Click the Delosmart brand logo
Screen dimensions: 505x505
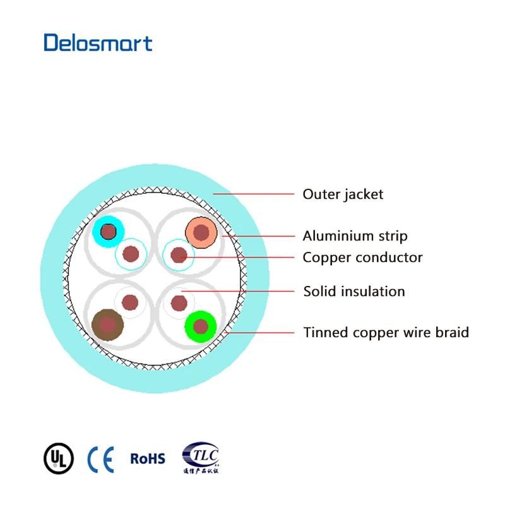click(98, 43)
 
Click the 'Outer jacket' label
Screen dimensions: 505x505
click(343, 194)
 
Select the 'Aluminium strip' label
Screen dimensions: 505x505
click(355, 236)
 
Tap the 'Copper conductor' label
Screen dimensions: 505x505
click(362, 258)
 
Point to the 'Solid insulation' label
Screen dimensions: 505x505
click(353, 292)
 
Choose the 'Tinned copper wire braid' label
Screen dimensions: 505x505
click(386, 332)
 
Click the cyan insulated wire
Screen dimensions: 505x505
click(109, 232)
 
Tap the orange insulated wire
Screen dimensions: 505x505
click(201, 233)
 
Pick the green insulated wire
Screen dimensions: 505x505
click(201, 326)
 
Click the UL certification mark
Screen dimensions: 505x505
click(58, 458)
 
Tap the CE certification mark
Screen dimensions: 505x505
click(101, 459)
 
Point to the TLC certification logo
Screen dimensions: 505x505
click(200, 457)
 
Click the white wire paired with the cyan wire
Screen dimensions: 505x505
click(131, 254)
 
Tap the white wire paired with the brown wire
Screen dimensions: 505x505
click(130, 302)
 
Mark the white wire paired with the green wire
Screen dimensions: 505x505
click(179, 302)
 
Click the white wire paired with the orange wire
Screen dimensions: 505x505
click(179, 255)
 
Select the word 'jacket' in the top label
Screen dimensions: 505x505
click(363, 194)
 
